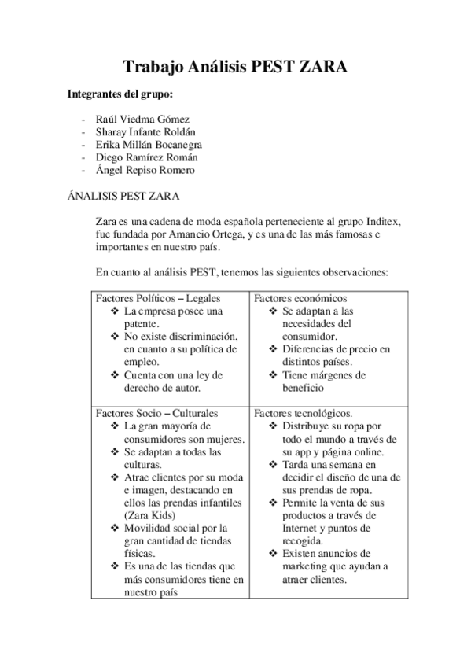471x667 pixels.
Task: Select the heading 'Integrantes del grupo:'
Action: [x=120, y=95]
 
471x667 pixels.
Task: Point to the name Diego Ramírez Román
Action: [x=145, y=157]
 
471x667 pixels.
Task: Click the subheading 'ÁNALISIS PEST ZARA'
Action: [x=124, y=193]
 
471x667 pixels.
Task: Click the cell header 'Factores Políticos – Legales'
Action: [x=158, y=299]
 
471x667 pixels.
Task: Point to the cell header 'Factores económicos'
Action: [x=300, y=299]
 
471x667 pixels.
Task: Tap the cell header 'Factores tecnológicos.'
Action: [x=303, y=413]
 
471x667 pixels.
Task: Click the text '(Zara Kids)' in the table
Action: [x=151, y=514]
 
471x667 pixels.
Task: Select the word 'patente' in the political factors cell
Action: [x=142, y=323]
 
